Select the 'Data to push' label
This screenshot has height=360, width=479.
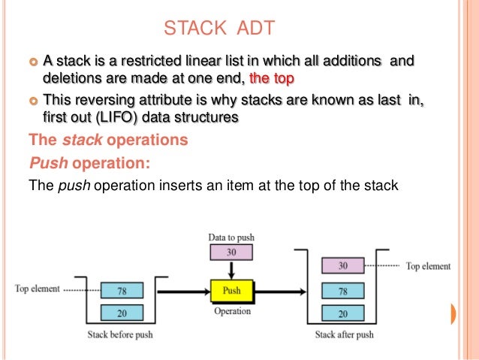click(x=232, y=238)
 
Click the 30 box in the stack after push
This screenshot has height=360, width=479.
click(x=342, y=265)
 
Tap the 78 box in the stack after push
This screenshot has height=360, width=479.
click(x=342, y=290)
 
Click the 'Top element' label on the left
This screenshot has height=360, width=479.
click(x=37, y=289)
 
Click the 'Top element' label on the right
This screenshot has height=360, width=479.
click(x=429, y=266)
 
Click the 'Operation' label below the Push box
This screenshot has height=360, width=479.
click(x=231, y=310)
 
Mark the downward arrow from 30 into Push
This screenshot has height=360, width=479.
click(x=231, y=270)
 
